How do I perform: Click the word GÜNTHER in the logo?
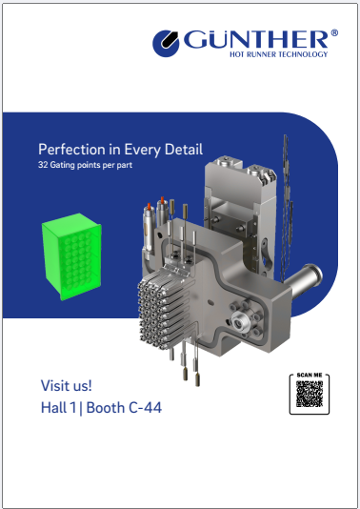coord(255,40)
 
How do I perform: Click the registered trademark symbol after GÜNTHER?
coord(333,34)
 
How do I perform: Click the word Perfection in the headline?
coord(70,150)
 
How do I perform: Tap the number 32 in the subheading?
coord(42,164)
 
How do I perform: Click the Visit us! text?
coord(66,385)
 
